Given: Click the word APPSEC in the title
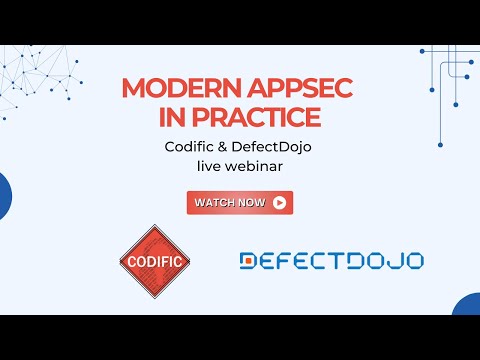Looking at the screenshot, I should click(x=284, y=87).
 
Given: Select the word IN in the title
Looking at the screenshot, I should click(x=171, y=117).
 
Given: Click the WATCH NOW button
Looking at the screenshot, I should click(x=239, y=202).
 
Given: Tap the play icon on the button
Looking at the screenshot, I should click(x=279, y=202).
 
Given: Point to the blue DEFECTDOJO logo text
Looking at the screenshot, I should click(x=331, y=261).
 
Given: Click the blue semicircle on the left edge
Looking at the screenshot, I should click(x=4, y=196).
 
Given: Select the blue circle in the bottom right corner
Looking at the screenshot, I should click(x=468, y=306).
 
